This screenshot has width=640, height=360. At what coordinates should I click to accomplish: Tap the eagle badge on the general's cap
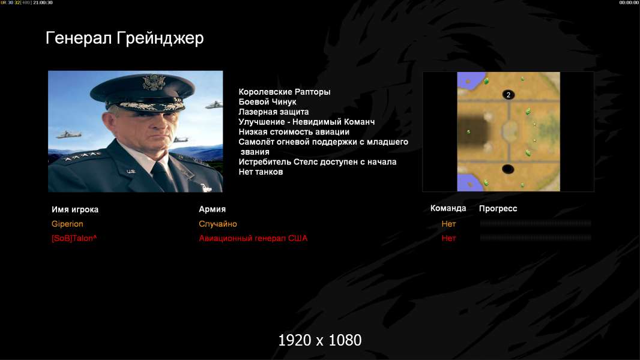154,82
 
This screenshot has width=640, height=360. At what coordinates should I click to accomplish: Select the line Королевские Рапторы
285,92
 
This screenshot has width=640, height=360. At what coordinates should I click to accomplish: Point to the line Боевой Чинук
267,102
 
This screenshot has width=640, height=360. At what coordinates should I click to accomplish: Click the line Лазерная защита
273,112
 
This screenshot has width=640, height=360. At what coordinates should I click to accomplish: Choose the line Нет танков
261,172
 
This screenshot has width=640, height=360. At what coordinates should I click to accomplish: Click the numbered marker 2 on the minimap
508,95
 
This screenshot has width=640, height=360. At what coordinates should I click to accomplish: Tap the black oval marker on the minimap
508,169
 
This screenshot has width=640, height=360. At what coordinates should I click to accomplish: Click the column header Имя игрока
74,209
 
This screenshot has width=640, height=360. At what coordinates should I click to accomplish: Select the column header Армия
212,209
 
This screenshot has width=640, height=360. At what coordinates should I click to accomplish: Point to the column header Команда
448,208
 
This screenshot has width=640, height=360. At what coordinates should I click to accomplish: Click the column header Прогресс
498,208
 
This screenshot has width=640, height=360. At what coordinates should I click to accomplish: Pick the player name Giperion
67,224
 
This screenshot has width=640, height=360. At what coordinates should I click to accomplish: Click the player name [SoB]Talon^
74,238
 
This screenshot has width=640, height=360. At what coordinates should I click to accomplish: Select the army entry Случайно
217,224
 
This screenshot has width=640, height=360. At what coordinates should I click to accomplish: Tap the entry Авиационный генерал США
253,238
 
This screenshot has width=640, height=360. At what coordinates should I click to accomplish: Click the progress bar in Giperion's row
536,223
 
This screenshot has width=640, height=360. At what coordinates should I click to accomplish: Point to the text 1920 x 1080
319,340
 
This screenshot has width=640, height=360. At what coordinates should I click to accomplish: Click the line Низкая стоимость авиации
294,131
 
